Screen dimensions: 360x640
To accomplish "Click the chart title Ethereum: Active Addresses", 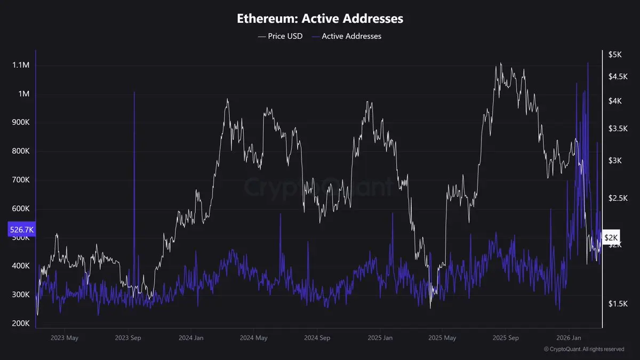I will [x=320, y=19].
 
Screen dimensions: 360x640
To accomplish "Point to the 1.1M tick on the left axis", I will [x=21, y=65].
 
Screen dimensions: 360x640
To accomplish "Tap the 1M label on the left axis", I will [x=24, y=94].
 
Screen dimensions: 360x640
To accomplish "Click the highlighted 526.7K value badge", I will [x=22, y=229].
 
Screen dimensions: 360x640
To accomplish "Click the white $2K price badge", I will [x=611, y=237].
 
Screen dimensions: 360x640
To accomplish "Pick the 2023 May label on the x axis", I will [x=63, y=338].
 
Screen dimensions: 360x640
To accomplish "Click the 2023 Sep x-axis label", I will [x=130, y=338].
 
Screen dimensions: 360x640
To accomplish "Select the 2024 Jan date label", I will [x=191, y=338].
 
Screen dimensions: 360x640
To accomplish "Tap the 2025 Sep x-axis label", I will [x=506, y=338].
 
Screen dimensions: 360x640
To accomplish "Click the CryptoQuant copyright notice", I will [x=584, y=349].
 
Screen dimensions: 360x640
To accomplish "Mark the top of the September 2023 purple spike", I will [x=134, y=92].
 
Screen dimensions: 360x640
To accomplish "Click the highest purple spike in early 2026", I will [x=588, y=63].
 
